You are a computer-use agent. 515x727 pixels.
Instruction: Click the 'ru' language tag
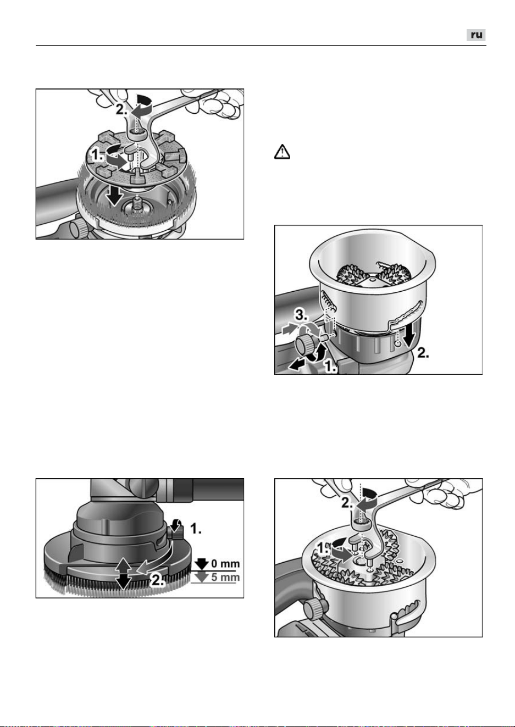476,35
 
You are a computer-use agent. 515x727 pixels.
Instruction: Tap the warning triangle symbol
282,152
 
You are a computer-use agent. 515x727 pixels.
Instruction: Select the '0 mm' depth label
225,563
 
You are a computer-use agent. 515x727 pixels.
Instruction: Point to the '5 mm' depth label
225,578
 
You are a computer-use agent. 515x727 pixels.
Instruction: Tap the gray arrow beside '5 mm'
202,578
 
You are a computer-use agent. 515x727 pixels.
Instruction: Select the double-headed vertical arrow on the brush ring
123,574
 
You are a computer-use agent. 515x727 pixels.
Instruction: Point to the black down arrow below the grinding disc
114,196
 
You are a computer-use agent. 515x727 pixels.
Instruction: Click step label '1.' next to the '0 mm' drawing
196,529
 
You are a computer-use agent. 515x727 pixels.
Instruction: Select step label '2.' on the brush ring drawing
157,580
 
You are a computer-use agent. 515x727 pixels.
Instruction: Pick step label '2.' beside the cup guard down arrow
423,353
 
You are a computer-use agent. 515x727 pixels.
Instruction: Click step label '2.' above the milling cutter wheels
347,503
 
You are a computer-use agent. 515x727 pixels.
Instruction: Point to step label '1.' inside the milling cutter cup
322,548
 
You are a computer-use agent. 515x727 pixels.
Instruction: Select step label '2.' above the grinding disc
122,110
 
